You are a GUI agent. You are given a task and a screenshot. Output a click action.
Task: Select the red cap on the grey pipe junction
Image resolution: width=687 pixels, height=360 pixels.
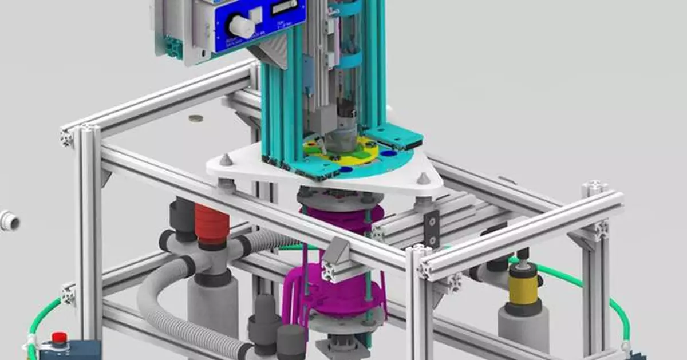[211, 224]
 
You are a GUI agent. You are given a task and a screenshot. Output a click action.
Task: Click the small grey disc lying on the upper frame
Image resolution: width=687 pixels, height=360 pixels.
[196, 119]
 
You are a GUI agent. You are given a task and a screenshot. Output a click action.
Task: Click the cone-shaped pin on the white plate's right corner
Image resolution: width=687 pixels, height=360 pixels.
[423, 178]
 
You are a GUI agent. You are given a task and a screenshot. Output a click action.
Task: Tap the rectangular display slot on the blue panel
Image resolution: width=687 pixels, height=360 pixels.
[285, 7]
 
